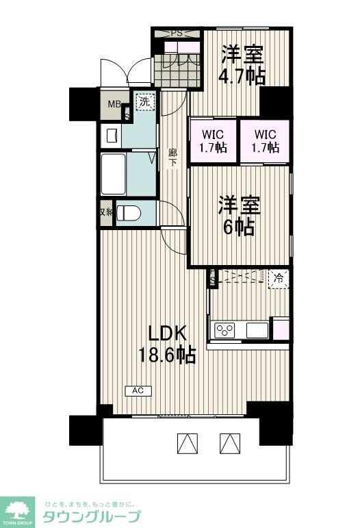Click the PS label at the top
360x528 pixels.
177,33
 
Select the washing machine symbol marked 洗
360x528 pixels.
144,102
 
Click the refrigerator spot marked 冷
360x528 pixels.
278,279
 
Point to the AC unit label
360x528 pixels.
138,391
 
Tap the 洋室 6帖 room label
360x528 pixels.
239,216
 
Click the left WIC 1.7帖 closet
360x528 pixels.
213,142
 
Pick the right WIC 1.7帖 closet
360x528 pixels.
264,142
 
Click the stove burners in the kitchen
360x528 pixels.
224,330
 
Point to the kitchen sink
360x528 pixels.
257,330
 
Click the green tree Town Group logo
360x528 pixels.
18,508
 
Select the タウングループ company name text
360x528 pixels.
92,516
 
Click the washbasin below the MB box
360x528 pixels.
112,134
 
